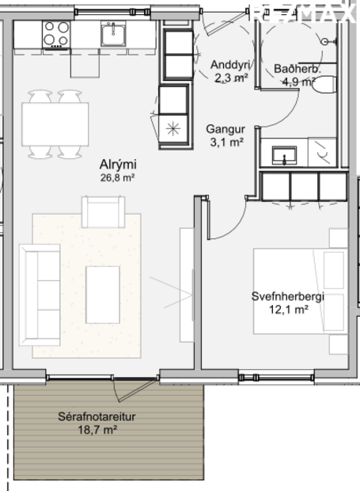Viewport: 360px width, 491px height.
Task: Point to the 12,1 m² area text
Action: [x=288, y=310]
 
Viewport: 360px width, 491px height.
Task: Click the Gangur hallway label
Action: [x=225, y=129]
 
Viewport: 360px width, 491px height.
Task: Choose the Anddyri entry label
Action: [x=230, y=65]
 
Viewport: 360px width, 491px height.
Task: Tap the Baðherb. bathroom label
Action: [x=297, y=69]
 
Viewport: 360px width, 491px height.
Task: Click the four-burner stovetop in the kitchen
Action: [x=55, y=34]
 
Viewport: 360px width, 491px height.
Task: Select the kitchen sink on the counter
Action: [x=113, y=34]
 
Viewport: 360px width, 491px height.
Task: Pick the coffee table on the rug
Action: [x=103, y=295]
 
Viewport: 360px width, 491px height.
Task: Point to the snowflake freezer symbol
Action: [x=173, y=128]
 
